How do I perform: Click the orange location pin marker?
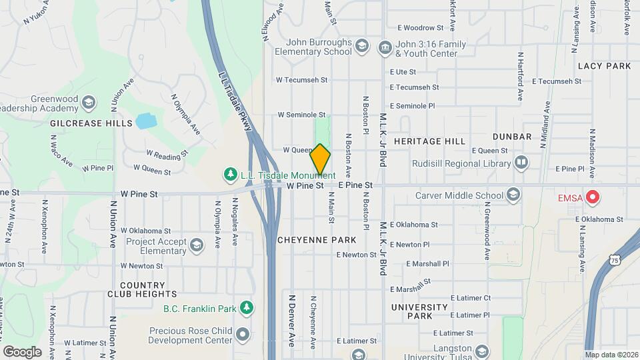pos(320,159)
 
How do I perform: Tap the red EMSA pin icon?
pos(591,198)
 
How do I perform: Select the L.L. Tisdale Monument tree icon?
pos(231,174)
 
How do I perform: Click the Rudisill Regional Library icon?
pos(521,161)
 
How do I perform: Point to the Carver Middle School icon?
pos(513,195)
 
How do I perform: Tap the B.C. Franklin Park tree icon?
pos(247,308)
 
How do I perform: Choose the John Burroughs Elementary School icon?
pos(361,46)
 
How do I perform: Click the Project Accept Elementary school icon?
pos(197,245)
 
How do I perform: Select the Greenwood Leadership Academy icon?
pos(89,103)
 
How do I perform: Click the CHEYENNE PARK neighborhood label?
pos(317,239)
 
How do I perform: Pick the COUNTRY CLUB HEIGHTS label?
pos(143,289)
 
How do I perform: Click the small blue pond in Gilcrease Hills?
pos(145,121)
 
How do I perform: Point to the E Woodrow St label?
pos(420,28)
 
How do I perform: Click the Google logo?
pos(22,351)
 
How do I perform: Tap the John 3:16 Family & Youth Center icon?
pos(385,47)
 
